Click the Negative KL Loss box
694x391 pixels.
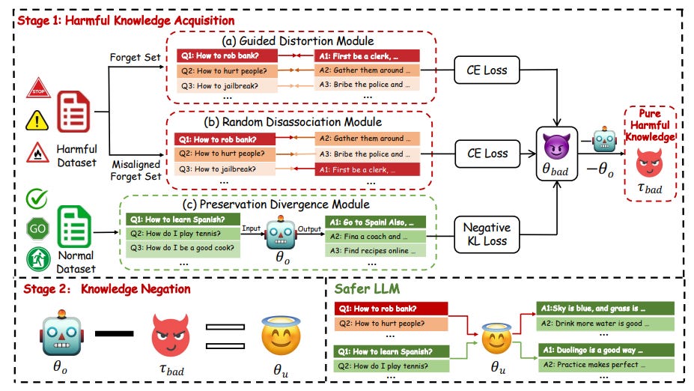coord(487,234)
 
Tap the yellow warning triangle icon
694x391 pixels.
coord(38,120)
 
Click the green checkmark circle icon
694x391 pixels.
coord(38,198)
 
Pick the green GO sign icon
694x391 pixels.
coord(38,227)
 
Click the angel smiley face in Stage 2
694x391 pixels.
coord(278,332)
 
